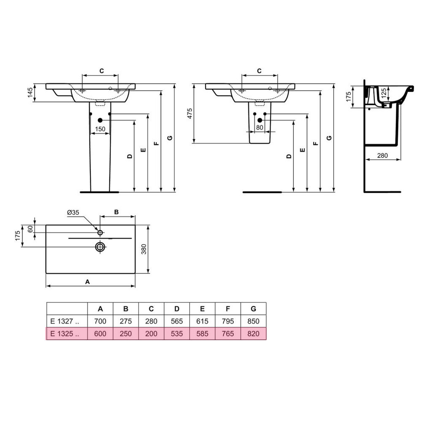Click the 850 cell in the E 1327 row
253,321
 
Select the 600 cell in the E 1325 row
100,334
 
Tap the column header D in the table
177,309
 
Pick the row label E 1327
65,321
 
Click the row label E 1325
65,334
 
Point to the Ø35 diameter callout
73,213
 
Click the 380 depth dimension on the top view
144,249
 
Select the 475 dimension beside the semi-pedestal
190,113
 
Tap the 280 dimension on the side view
382,155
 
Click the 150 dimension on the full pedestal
100,129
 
